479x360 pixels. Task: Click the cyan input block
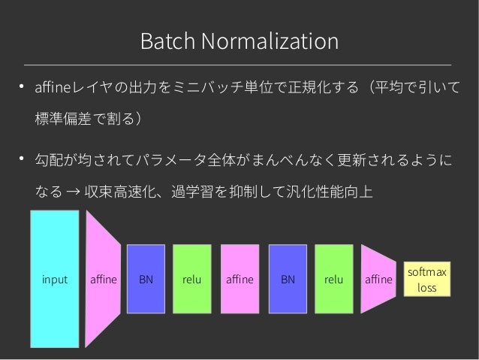(54, 279)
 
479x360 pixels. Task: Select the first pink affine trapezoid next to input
(103, 279)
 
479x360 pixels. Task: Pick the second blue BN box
(288, 279)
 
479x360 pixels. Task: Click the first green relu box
(192, 279)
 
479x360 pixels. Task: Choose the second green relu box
(333, 279)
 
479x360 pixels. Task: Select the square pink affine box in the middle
(239, 279)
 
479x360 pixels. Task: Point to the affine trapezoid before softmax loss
(378, 279)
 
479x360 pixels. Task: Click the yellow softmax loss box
(426, 279)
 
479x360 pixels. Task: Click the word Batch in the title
(164, 41)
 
